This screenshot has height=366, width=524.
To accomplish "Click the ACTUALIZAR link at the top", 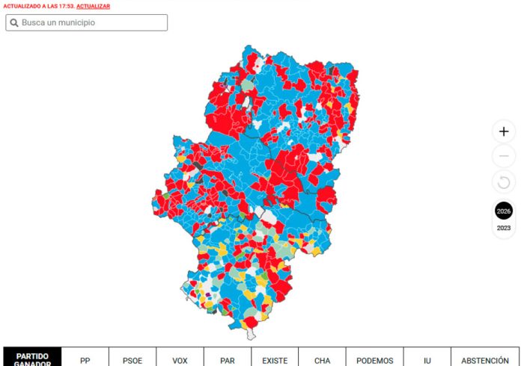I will pyautogui.click(x=94, y=6).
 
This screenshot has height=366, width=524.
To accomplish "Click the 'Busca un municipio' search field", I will pyautogui.click(x=86, y=22).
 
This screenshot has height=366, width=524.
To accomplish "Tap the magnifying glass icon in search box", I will pyautogui.click(x=13, y=22).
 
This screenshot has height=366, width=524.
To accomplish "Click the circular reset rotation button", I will pyautogui.click(x=504, y=182).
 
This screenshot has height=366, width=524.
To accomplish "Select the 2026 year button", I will pyautogui.click(x=504, y=211).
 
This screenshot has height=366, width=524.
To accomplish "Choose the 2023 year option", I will pyautogui.click(x=504, y=228).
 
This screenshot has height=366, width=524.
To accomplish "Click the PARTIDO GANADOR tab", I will pyautogui.click(x=32, y=358).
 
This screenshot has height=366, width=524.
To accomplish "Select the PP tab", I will pyautogui.click(x=85, y=360).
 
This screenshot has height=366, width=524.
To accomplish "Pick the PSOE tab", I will pyautogui.click(x=132, y=360).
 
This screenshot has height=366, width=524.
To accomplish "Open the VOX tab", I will pyautogui.click(x=180, y=360).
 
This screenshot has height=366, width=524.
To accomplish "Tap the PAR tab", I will pyautogui.click(x=228, y=360).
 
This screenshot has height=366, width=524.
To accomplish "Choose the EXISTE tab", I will pyautogui.click(x=275, y=360).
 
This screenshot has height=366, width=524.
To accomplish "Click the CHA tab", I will pyautogui.click(x=322, y=360).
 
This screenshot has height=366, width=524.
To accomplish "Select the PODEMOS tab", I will pyautogui.click(x=374, y=360).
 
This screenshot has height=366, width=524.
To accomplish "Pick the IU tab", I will pyautogui.click(x=427, y=360).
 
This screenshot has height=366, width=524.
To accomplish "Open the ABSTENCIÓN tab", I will pyautogui.click(x=485, y=360).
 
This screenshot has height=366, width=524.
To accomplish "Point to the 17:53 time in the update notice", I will pyautogui.click(x=66, y=6).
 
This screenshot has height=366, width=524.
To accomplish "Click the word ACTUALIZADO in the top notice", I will pyautogui.click(x=21, y=6).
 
